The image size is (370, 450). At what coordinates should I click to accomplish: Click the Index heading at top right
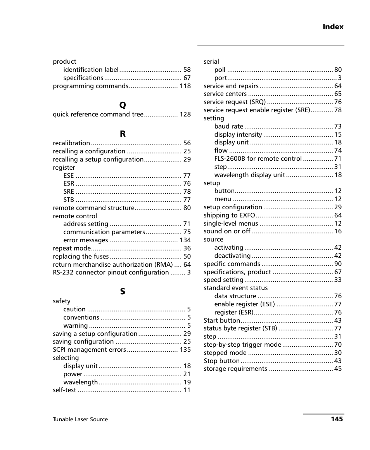(x=333, y=27)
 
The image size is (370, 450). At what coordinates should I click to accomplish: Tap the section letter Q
(x=123, y=105)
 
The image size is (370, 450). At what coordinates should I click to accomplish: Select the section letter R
(x=123, y=134)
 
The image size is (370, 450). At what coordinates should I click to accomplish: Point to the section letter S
(x=123, y=292)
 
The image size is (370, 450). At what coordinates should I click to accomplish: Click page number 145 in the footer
(x=337, y=419)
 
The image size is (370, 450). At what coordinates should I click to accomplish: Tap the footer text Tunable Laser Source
(x=80, y=419)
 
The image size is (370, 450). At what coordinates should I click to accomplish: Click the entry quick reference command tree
(x=98, y=115)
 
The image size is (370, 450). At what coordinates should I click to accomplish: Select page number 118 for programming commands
(x=185, y=86)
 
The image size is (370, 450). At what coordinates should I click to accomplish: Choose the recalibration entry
(x=71, y=143)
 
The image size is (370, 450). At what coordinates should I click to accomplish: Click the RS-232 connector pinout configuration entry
(x=111, y=273)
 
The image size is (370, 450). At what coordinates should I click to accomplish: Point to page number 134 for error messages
(x=185, y=240)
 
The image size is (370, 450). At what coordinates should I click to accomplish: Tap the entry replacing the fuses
(x=81, y=256)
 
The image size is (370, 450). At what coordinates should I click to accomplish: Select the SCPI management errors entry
(x=89, y=350)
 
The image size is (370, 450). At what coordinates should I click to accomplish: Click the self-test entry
(x=64, y=390)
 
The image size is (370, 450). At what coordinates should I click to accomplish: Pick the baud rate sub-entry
(x=229, y=127)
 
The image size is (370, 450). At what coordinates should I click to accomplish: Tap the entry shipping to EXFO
(x=229, y=215)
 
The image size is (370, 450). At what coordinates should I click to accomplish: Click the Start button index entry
(x=222, y=321)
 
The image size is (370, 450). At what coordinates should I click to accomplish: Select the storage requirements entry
(x=235, y=369)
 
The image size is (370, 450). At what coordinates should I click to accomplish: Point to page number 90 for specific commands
(x=338, y=264)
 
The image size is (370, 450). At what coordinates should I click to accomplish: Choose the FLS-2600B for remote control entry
(x=258, y=159)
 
